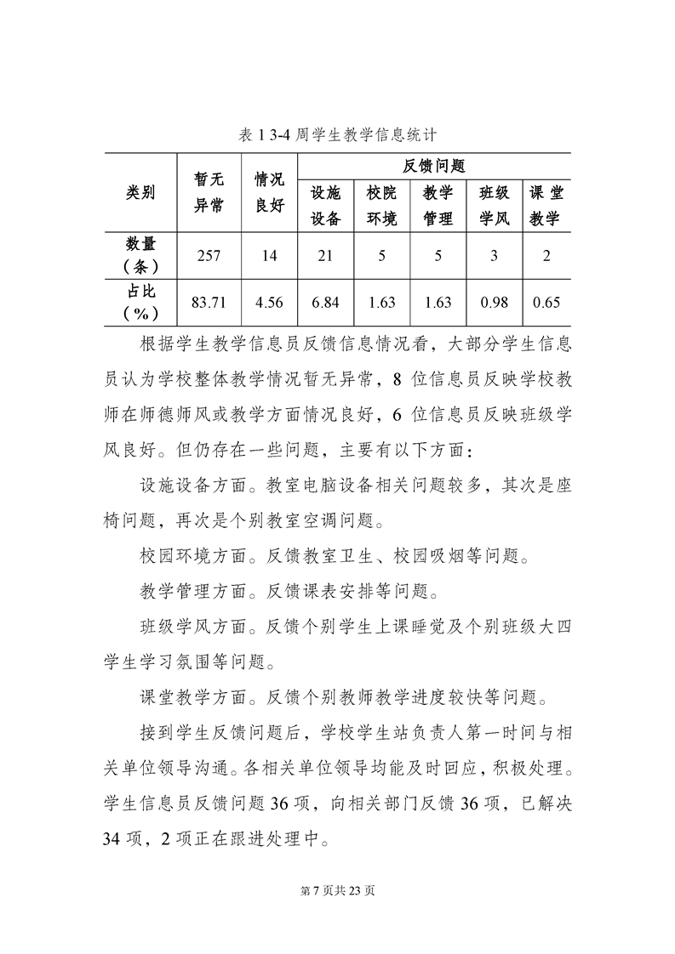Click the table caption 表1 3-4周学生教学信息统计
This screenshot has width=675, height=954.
point(338,134)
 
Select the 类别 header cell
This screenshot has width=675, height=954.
point(140,192)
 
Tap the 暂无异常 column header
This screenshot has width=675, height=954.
point(209,192)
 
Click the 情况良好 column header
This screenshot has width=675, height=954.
point(270,192)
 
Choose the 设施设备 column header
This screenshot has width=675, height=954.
point(325,207)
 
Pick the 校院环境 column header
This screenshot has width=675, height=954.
point(382,207)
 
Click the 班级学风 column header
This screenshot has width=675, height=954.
point(494,207)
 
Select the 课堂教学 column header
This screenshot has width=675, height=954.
point(546,207)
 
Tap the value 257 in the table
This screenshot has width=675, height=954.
point(209,256)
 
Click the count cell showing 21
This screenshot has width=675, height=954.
point(325,256)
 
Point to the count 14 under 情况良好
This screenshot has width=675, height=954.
point(270,256)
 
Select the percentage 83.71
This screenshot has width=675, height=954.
point(209,303)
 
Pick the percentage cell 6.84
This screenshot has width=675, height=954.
point(325,303)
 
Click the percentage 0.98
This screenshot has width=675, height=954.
point(494,303)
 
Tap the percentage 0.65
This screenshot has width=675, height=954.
point(546,303)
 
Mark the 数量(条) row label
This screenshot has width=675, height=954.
point(140,255)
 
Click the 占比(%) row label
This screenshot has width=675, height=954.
point(140,302)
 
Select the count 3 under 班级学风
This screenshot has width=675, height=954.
point(494,256)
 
